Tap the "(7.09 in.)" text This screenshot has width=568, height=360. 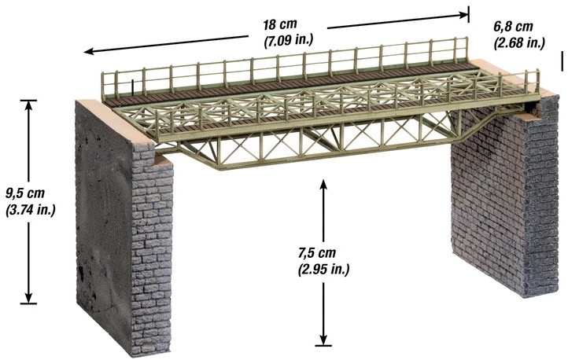pos(288,40)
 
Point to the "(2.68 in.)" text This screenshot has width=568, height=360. pos(519,42)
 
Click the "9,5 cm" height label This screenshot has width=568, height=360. pos(25,193)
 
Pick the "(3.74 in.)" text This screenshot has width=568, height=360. pos(31,210)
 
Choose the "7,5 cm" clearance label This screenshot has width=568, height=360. pos(317,253)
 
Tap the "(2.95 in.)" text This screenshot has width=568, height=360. pos(323,270)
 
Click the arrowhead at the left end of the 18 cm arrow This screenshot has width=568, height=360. pos(89,51)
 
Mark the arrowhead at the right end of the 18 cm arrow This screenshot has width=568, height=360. pos(463,15)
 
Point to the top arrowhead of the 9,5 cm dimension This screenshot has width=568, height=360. pos(28,105)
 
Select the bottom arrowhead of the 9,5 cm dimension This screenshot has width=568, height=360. pos(28,297)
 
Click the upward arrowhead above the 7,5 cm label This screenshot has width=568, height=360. pos(323,184)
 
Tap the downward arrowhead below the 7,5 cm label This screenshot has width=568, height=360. pos(323,340)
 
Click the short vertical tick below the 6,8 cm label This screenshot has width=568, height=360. pos(562,61)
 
